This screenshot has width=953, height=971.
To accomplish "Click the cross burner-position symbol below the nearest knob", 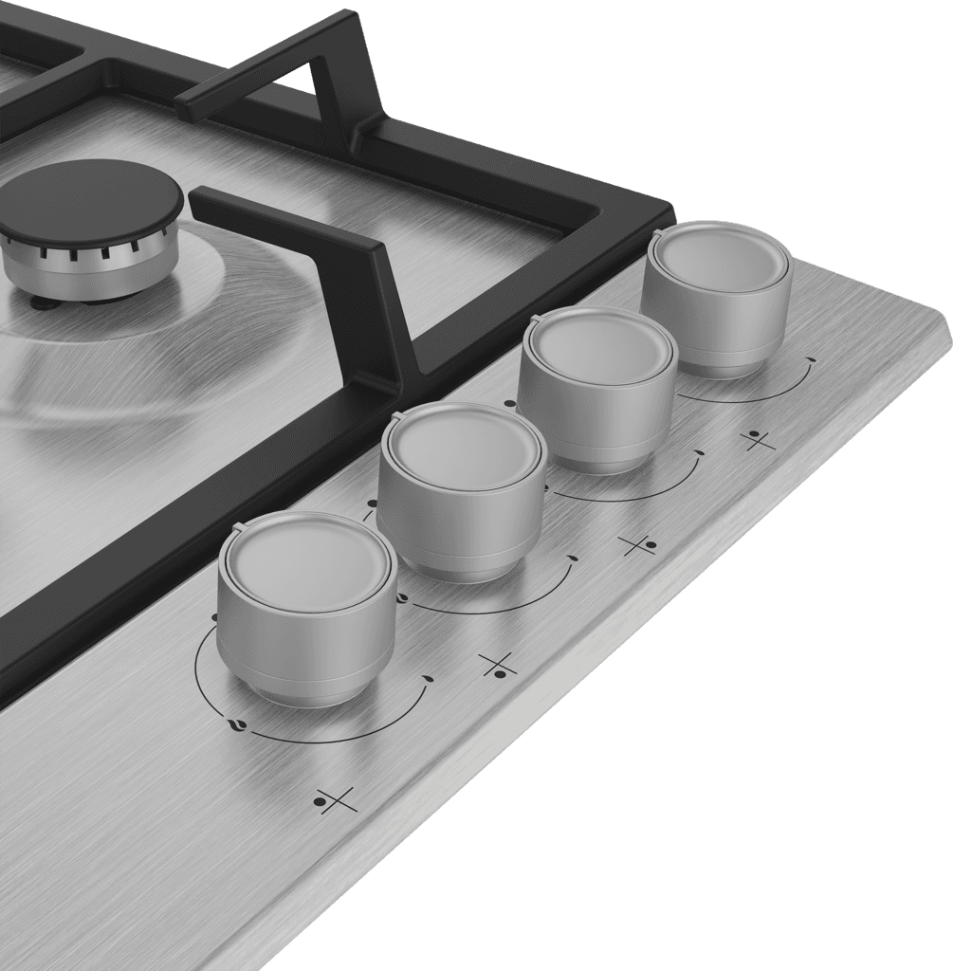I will tap(336, 801).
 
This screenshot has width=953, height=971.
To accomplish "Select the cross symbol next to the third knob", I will tap(637, 544).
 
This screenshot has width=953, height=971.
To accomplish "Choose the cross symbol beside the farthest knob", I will tap(757, 440).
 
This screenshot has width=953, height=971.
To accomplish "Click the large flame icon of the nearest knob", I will tap(236, 725).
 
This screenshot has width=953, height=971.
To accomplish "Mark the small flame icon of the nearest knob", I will tap(427, 679).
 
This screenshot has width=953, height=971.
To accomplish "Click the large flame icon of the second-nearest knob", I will tap(401, 598).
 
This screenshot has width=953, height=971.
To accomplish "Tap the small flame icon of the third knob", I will tap(699, 453).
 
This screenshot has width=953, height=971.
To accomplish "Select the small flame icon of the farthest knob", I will tap(810, 360).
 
